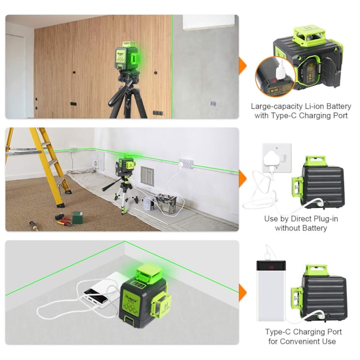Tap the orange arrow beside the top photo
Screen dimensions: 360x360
[243, 67]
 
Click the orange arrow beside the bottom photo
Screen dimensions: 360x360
[243, 292]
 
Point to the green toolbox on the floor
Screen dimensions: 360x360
[78, 217]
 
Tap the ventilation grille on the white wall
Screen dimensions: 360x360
[147, 175]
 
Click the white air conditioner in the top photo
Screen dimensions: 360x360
[209, 21]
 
